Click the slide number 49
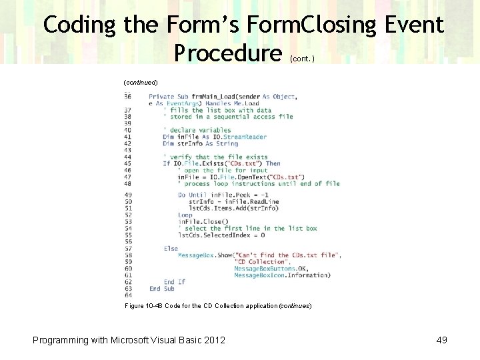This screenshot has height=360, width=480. pos(441,340)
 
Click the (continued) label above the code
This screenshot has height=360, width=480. pos(141,82)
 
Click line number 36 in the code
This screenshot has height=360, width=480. pos(127,97)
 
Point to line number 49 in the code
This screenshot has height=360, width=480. pos(127,195)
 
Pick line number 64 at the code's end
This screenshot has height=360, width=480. pos(127,295)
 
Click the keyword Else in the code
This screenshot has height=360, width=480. pos(171,249)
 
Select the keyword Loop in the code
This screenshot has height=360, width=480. pos(185,215)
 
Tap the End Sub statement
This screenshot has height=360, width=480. pos(161,289)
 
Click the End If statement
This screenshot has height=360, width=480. pos(175,282)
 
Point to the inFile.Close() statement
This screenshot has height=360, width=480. pos(203,222)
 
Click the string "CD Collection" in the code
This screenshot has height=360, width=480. pos(260,262)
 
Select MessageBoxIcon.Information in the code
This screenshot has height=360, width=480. pos(281,275)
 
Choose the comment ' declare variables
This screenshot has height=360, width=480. pos(197,130)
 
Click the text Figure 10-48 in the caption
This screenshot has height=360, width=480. pos(145,305)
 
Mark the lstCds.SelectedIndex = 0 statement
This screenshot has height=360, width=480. pos(221,235)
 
